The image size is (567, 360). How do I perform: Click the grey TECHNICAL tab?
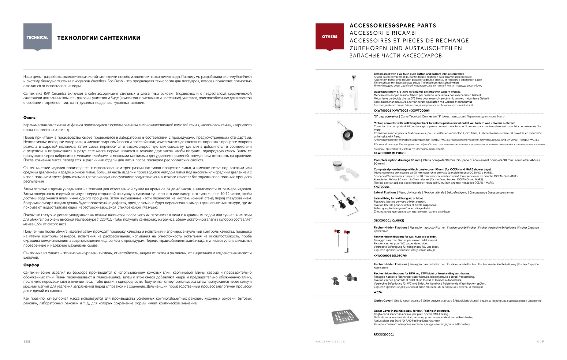(x=37, y=37)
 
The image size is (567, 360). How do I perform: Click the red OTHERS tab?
(x=329, y=37)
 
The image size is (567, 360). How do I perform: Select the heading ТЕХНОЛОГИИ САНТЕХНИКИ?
(x=98, y=38)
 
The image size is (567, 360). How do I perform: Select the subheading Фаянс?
(x=29, y=117)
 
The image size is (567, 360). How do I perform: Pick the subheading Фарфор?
(x=31, y=265)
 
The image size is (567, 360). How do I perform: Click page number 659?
(x=540, y=341)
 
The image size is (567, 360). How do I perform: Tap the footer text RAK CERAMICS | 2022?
(x=331, y=342)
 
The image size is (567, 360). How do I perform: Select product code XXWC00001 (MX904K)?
(x=389, y=153)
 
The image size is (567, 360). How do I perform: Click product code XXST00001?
(x=382, y=187)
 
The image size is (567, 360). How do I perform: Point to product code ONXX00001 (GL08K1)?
(x=389, y=221)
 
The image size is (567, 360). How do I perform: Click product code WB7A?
(x=377, y=292)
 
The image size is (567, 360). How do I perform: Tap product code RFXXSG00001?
(x=384, y=334)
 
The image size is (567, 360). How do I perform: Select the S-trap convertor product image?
(x=346, y=133)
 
